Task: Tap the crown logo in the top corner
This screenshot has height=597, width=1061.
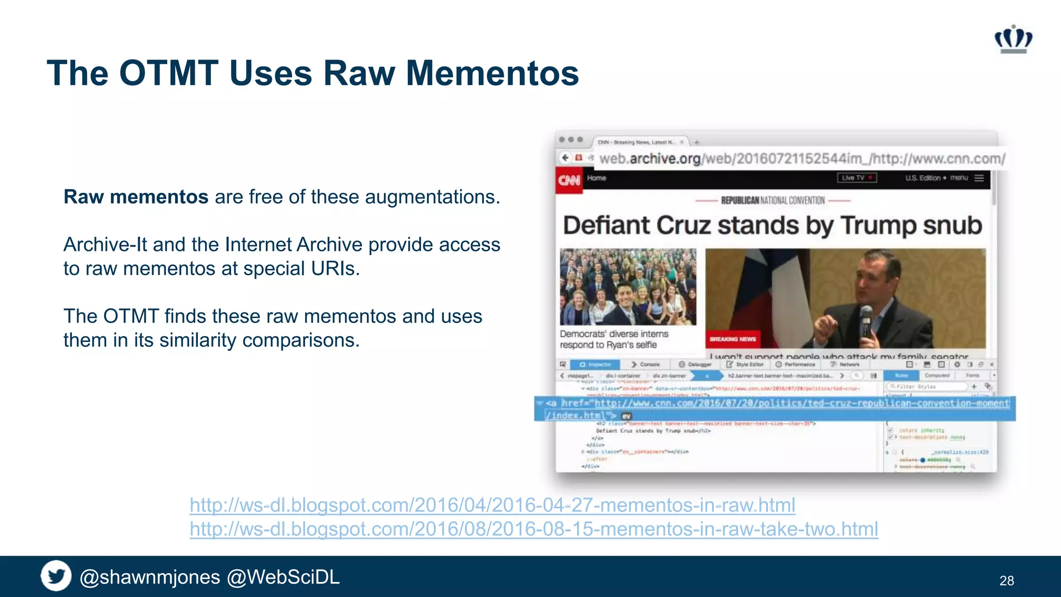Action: (1013, 39)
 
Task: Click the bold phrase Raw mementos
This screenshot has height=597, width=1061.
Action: (136, 197)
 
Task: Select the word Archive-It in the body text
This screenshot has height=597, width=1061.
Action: (105, 245)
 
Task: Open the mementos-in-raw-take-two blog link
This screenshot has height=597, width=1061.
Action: (534, 529)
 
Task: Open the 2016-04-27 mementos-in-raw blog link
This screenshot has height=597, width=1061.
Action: (492, 505)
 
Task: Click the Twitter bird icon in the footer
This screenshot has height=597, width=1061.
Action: (56, 576)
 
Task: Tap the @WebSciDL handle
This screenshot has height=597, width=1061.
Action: (283, 577)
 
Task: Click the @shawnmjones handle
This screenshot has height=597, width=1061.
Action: (150, 577)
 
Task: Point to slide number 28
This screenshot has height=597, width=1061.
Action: (1007, 580)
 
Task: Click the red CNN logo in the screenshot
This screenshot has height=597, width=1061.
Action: (569, 180)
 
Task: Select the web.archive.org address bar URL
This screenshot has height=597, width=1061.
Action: (802, 159)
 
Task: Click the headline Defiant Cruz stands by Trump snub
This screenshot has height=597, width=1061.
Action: (772, 225)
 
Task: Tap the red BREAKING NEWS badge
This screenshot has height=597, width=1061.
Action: (733, 339)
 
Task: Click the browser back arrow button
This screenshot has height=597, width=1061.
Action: (565, 157)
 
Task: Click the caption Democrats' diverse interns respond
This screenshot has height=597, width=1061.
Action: (614, 339)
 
